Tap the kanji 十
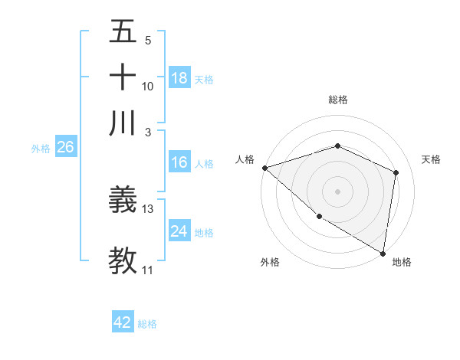tap(123, 78)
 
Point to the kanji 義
tap(123, 201)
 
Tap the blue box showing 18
tap(179, 78)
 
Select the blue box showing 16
tap(179, 162)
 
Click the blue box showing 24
tap(179, 231)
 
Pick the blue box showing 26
tap(65, 148)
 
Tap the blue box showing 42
tap(123, 322)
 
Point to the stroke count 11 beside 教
tap(148, 270)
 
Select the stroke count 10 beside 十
tap(148, 87)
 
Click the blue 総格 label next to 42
tap(147, 324)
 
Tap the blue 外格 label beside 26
tap(41, 149)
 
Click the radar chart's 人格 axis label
tap(245, 159)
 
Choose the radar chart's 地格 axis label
tap(402, 263)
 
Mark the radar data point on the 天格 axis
tap(396, 172)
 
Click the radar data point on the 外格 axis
tap(319, 216)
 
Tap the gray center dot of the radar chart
tap(337, 191)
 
